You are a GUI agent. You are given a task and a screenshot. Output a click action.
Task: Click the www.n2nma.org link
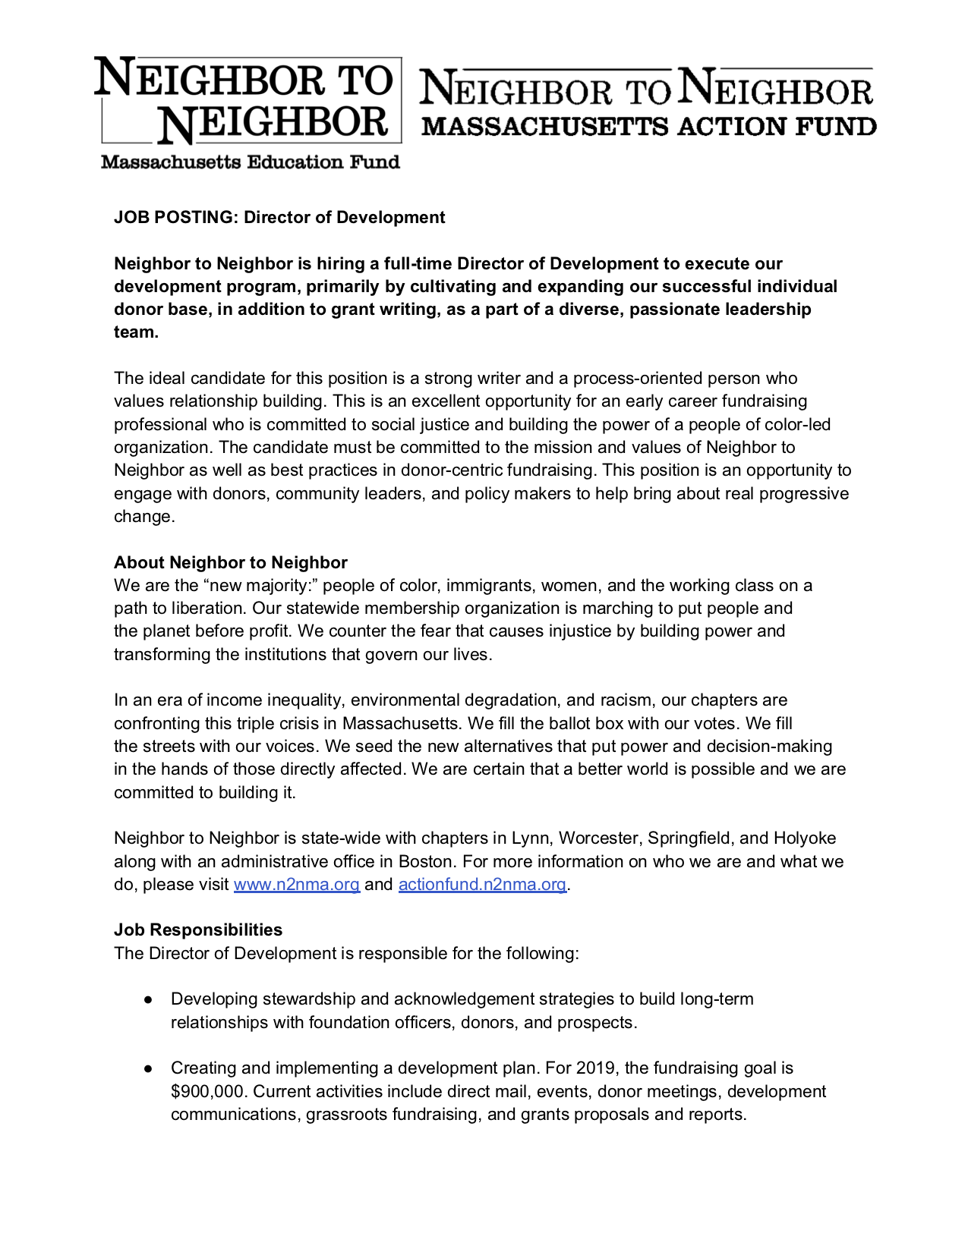296,885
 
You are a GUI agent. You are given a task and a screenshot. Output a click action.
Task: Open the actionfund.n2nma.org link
482,885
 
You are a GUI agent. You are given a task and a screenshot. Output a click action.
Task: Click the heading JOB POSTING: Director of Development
279,218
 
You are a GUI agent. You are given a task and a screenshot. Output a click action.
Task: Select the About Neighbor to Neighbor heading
231,562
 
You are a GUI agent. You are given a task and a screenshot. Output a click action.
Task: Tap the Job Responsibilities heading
198,930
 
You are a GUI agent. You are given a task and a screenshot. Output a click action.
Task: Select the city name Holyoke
805,838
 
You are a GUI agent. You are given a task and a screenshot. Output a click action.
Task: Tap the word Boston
425,862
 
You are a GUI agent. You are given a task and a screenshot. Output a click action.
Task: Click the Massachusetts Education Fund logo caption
251,162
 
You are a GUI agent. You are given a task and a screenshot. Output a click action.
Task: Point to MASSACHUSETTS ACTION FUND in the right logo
649,127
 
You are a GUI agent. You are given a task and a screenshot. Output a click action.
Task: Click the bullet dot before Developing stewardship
150,1000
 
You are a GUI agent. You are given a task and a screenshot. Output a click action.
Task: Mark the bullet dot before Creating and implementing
150,1068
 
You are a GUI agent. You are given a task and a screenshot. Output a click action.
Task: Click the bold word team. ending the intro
136,332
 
